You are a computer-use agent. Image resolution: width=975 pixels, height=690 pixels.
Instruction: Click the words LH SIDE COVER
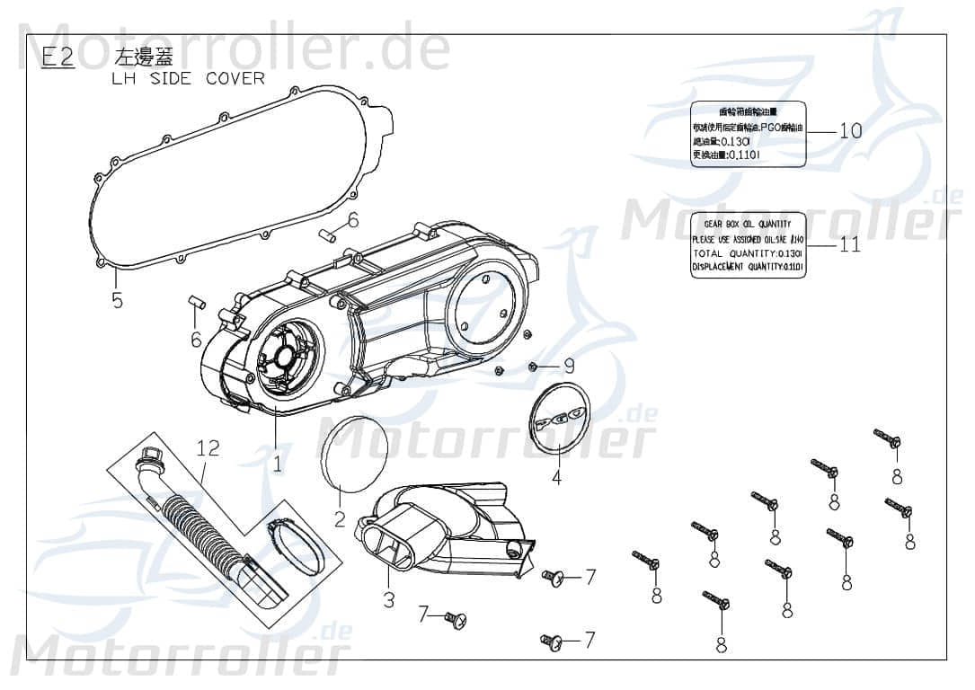[x=188, y=78]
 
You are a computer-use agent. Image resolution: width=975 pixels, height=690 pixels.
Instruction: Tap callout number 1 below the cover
[x=278, y=464]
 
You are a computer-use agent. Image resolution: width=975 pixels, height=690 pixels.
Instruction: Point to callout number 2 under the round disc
[x=340, y=518]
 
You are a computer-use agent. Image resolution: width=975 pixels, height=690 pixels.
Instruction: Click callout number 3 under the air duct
[x=388, y=599]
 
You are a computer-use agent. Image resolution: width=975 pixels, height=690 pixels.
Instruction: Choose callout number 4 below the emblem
[x=556, y=478]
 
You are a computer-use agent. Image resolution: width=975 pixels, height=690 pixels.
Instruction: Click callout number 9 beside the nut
[x=568, y=366]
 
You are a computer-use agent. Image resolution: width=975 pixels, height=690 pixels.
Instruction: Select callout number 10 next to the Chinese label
[x=849, y=130]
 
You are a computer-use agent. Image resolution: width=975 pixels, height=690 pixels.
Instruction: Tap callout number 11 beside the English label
[x=849, y=244]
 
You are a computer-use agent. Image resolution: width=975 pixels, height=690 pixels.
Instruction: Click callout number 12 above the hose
[x=208, y=447]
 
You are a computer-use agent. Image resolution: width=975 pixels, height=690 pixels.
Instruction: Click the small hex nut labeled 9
[x=534, y=366]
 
